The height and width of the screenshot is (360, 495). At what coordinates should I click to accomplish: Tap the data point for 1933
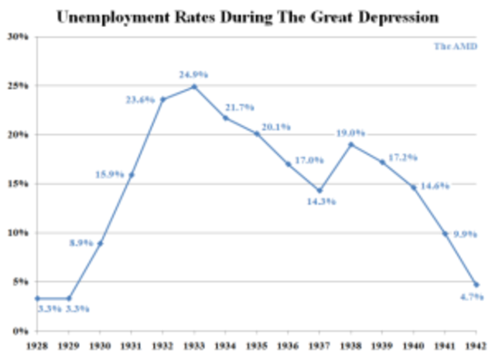point(194,86)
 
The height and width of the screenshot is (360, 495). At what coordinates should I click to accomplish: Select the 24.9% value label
point(193,74)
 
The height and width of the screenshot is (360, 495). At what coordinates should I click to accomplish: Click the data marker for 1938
point(350,144)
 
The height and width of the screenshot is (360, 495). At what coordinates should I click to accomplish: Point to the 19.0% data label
point(350,132)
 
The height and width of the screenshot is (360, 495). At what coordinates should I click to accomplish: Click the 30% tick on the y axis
point(18,36)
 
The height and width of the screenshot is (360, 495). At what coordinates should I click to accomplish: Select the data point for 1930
point(100,243)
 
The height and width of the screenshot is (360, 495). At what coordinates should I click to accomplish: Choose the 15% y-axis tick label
point(18,183)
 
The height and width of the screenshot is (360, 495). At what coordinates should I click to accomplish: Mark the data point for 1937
point(319,190)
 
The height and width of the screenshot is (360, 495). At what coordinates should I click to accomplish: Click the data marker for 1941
point(445,233)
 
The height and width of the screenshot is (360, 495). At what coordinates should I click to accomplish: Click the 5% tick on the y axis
point(20,282)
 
